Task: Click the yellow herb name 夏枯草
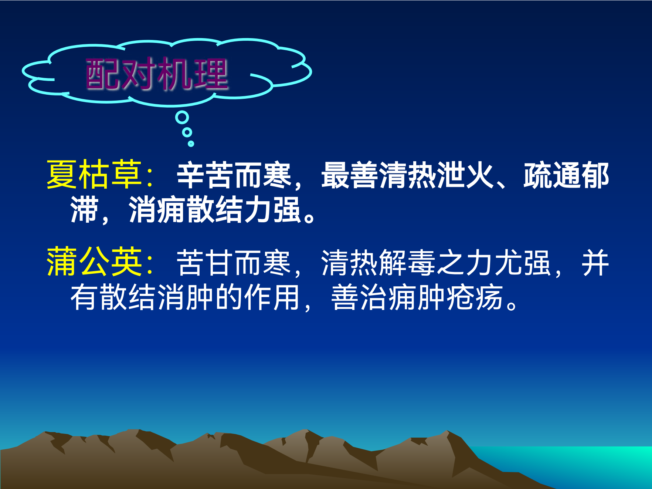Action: (94, 175)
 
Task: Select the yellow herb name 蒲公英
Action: (94, 262)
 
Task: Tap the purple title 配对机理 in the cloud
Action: (157, 74)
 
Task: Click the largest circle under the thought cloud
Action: (182, 118)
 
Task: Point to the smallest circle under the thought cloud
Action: (191, 144)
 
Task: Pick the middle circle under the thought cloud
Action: (187, 132)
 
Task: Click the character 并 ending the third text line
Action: (595, 263)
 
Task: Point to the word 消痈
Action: (157, 210)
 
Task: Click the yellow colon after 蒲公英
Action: (150, 264)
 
